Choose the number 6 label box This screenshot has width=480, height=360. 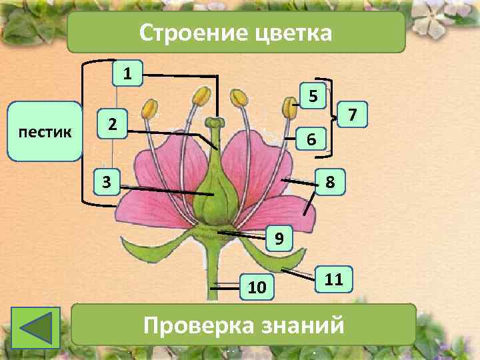pyautogui.click(x=309, y=139)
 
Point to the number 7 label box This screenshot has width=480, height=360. pyautogui.click(x=354, y=117)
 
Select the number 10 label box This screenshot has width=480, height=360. pyautogui.click(x=257, y=287)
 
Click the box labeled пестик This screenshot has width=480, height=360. pyautogui.click(x=46, y=133)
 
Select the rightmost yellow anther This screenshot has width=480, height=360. pyautogui.click(x=289, y=107)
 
